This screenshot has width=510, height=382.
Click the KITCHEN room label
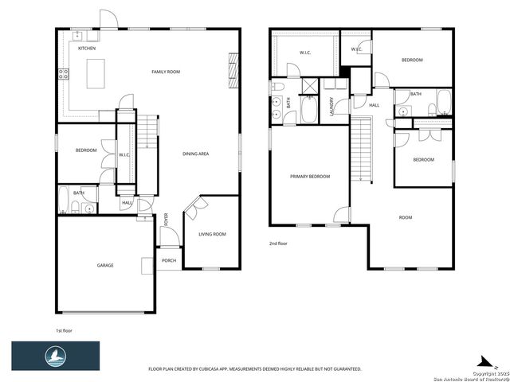pos(87,49)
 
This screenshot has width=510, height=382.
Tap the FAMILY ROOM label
pos(166,72)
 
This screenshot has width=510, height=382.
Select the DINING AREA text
pos(195,154)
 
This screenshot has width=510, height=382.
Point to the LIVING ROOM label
pos(212,234)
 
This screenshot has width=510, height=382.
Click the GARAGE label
pos(105,265)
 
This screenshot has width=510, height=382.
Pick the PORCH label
pos(169,260)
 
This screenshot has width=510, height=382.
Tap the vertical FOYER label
pos(166,219)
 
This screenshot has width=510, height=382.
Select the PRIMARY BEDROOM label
pos(310,176)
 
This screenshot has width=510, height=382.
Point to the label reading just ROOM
pos(406,216)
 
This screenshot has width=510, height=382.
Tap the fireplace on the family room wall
pos(233,68)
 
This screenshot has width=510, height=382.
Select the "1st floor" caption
pos(65,329)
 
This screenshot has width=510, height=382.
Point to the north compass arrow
pos(484,360)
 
